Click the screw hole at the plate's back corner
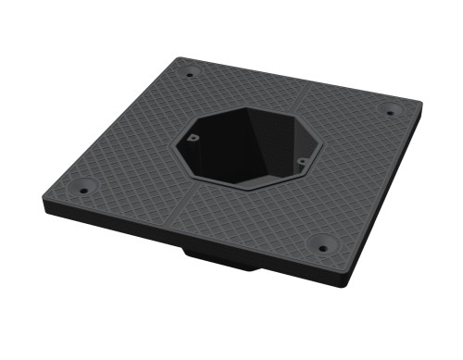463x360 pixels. [190, 74]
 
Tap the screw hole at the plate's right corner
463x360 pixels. [389, 113]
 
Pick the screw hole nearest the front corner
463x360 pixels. [321, 247]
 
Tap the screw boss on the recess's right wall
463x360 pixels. [302, 162]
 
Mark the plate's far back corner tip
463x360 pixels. [176, 58]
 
